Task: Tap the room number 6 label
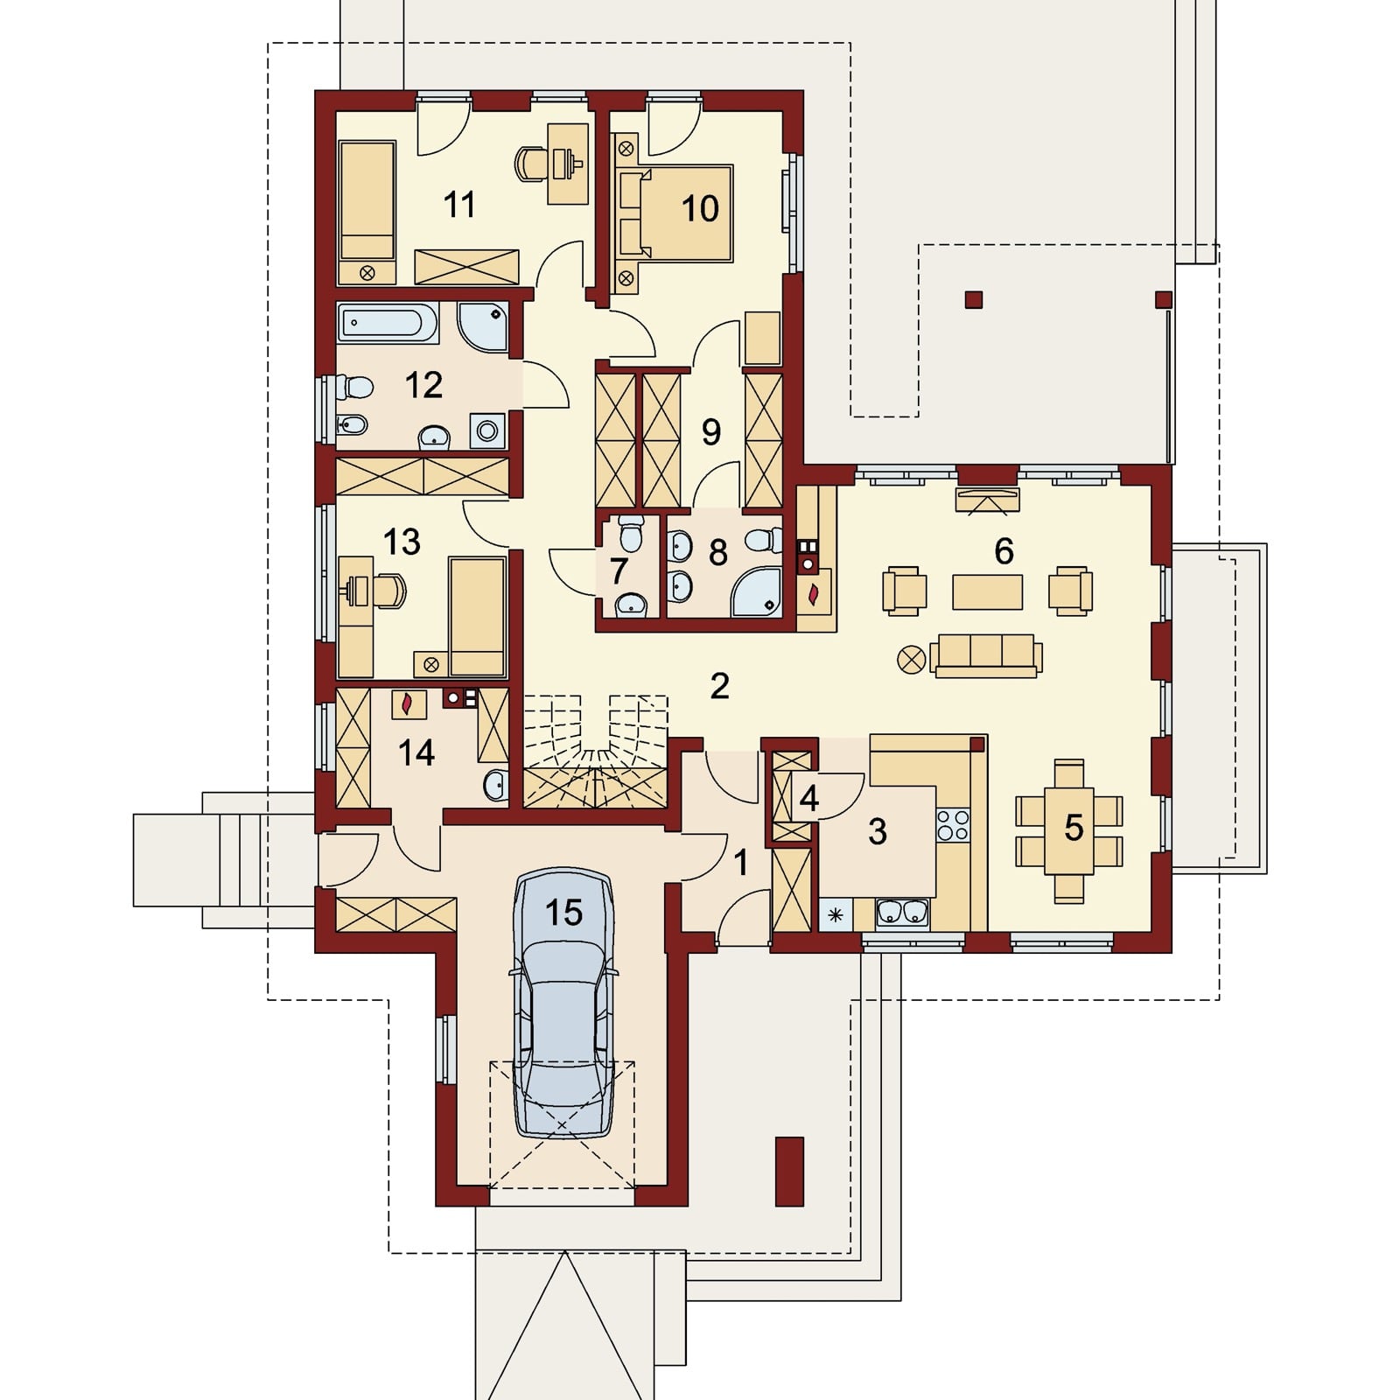pos(1004,551)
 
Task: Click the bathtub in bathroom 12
pos(387,323)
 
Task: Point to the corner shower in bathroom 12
pos(482,327)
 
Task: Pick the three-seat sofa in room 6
pos(986,655)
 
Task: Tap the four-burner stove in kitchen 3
pos(953,824)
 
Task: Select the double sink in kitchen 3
pos(902,913)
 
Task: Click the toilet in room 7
pos(630,532)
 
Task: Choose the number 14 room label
pos(416,752)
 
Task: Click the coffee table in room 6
pos(987,591)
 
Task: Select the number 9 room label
pos(710,431)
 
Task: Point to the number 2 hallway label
pos(719,686)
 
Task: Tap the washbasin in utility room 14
pos(496,784)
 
